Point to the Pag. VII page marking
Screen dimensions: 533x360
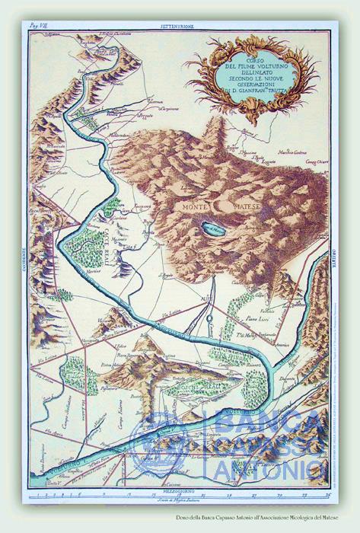click(38, 26)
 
